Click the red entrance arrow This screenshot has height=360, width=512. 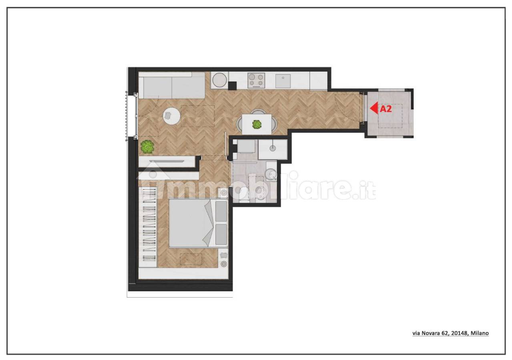tap(374, 108)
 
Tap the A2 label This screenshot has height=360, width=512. tap(386, 109)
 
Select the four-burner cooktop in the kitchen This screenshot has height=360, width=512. tap(256, 80)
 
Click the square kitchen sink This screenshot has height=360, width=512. tap(283, 81)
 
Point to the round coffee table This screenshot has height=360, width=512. tap(171, 116)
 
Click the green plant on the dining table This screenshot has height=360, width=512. tap(257, 124)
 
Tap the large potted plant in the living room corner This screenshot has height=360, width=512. tap(147, 147)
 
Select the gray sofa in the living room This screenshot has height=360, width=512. tap(172, 86)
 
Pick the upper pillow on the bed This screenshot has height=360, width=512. tap(221, 211)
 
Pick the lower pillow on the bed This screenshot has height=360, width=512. tap(221, 234)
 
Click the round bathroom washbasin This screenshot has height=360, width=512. tap(271, 174)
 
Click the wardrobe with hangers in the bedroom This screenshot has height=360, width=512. tap(148, 227)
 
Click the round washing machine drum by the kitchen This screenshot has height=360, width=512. tap(219, 80)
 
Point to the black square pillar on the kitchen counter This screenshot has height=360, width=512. tap(233, 86)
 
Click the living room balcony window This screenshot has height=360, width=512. tap(131, 116)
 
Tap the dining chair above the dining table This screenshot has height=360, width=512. tap(257, 112)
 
